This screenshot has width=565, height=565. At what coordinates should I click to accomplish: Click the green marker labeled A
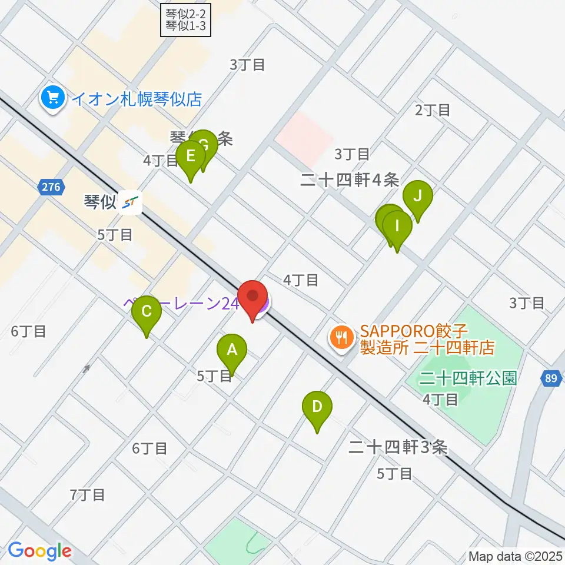click(x=232, y=351)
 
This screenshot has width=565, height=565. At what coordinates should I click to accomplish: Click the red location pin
click(x=253, y=297)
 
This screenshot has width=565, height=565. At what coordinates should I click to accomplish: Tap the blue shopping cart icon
click(x=53, y=98)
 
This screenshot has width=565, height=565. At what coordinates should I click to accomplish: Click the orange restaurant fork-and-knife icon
click(x=341, y=339)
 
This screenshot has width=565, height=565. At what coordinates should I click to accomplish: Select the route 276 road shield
click(x=51, y=188)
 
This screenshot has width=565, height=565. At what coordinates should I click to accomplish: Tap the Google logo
click(x=39, y=551)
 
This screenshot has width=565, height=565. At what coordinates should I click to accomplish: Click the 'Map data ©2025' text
click(x=516, y=556)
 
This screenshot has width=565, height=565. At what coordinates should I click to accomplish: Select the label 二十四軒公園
click(x=468, y=378)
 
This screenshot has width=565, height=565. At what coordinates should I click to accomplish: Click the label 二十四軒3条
click(x=398, y=448)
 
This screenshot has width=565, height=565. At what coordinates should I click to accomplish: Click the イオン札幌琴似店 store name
click(x=137, y=98)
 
